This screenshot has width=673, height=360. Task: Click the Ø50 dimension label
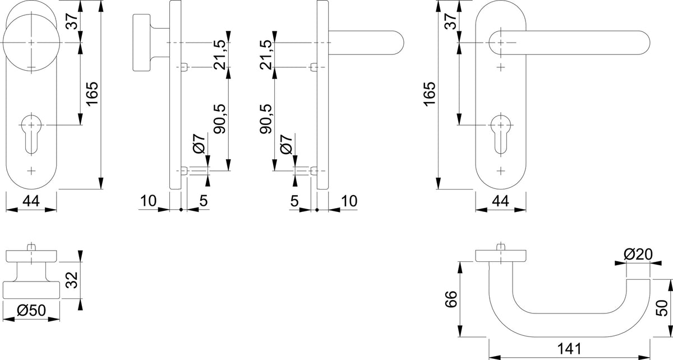click(x=31, y=311)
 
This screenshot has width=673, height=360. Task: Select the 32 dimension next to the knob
click(x=72, y=280)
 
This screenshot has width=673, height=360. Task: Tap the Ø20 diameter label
click(x=638, y=255)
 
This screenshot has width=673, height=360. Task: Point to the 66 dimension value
click(x=451, y=299)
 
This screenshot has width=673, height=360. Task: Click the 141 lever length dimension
click(x=569, y=349)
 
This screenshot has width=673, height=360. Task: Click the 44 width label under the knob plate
click(x=31, y=201)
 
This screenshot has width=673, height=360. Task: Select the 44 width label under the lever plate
click(x=500, y=201)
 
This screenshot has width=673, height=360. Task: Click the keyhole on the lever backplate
click(x=500, y=134)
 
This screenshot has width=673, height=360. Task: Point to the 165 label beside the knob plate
click(x=92, y=94)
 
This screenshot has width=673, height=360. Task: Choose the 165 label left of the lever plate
click(x=430, y=94)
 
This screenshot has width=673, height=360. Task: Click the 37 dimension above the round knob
click(x=72, y=21)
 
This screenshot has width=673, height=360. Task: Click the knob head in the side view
click(x=141, y=43)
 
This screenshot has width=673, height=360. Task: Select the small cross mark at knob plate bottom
click(x=31, y=170)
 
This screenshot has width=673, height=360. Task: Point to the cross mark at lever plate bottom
click(x=500, y=170)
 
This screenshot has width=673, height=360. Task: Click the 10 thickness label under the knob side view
click(x=149, y=201)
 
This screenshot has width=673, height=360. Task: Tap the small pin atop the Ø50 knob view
click(x=31, y=247)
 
